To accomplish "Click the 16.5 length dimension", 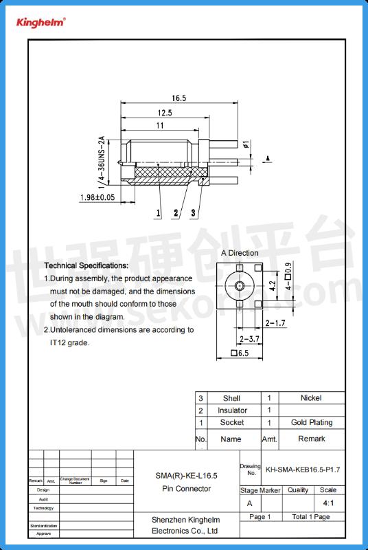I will pos(179,98).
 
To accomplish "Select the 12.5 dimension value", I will pos(165,112).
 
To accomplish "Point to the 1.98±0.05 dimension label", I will pos(97,197).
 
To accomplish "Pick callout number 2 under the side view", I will pos(176,213).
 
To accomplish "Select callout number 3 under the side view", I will pos(193,213).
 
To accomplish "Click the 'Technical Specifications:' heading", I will pos(86,265).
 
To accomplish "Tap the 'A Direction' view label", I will pos(240,253).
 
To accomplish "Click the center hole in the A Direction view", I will pos(240,285).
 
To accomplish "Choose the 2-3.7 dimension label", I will pos(249,339).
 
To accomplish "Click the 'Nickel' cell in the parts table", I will pos(310,397).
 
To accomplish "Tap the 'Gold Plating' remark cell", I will pos(311,423).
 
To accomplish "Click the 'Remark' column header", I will pos(311,439).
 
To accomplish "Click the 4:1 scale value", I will pos(328,503).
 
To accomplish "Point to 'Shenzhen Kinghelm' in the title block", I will pos(184,520).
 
